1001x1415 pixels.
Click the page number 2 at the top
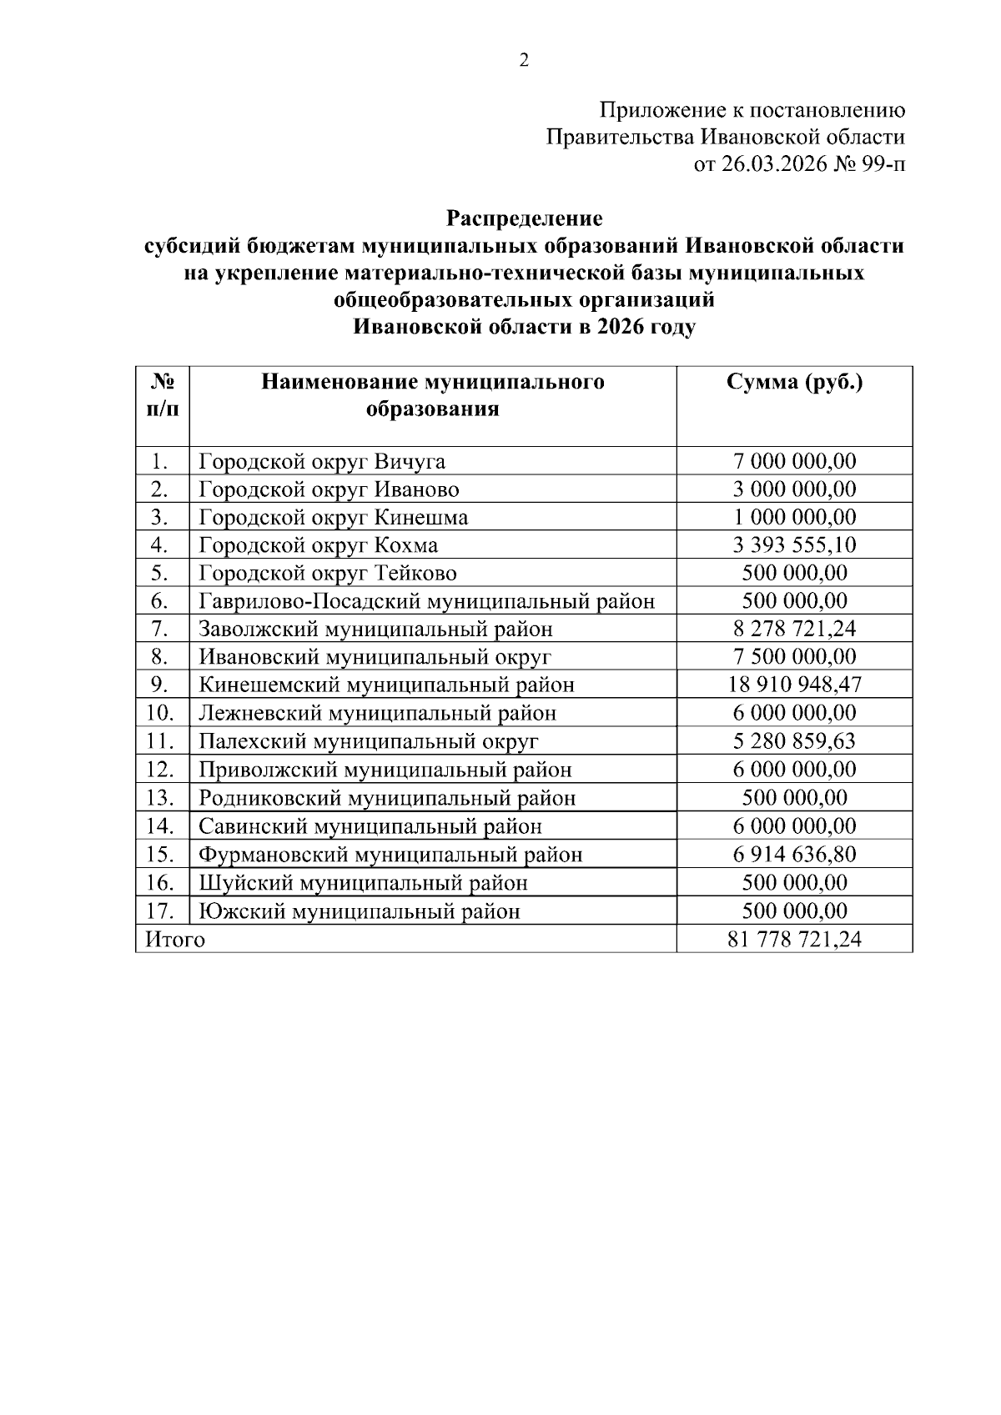click(x=524, y=60)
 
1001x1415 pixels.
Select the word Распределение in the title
click(x=524, y=219)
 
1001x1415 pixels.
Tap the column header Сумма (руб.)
click(x=794, y=383)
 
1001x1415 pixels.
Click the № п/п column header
click(x=163, y=395)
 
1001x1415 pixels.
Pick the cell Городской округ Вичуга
click(x=322, y=461)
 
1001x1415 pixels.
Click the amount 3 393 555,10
click(x=794, y=545)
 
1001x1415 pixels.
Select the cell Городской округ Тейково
click(x=328, y=574)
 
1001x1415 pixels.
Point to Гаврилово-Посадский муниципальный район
click(x=426, y=601)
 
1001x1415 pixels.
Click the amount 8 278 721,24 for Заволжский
click(x=794, y=630)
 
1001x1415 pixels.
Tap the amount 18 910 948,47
click(x=794, y=685)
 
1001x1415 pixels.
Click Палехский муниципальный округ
click(x=369, y=741)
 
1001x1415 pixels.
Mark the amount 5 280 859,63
click(x=794, y=741)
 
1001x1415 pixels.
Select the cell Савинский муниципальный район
click(x=370, y=826)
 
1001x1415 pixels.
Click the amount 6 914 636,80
click(x=794, y=855)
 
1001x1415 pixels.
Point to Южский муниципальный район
click(x=360, y=911)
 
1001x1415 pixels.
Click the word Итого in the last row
click(x=175, y=940)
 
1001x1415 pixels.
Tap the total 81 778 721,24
click(x=794, y=940)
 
